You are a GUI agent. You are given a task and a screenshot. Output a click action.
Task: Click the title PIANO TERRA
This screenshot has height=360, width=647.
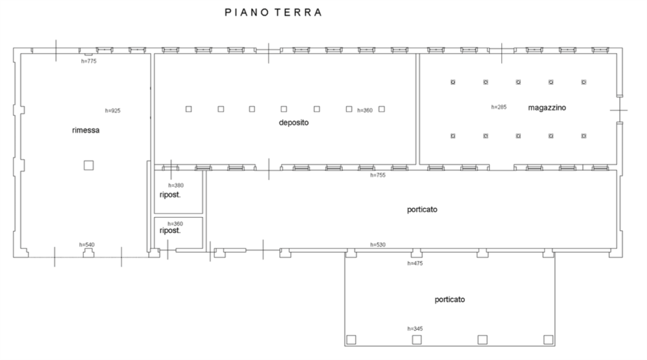pos(273,12)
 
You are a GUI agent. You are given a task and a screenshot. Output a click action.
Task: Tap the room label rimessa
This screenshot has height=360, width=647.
pos(86,130)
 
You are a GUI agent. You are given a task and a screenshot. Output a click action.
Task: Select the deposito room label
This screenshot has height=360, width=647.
pos(293,122)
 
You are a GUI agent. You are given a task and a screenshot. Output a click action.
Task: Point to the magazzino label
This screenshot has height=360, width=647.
pos(547,107)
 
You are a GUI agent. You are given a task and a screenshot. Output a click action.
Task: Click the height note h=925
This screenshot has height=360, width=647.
pos(113,111)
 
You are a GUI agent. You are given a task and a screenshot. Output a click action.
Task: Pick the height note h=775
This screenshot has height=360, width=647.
pos(89,61)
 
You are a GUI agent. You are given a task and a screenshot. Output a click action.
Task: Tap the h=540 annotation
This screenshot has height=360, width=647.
pos(87,245)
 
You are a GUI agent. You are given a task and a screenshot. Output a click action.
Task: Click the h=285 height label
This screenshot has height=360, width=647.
pos(499,107)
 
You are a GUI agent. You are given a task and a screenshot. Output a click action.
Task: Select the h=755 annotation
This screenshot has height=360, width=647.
pos(378,175)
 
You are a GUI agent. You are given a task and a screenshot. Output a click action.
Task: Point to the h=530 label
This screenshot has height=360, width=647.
pos(378,245)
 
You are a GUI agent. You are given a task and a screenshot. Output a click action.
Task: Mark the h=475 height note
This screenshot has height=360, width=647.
pos(415,264)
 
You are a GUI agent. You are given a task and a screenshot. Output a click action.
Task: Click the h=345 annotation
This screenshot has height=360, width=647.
pos(415,329)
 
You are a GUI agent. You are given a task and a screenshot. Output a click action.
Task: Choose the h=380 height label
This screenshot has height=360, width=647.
pos(176,185)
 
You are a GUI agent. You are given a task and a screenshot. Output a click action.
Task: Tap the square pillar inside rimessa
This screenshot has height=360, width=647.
pos(89,166)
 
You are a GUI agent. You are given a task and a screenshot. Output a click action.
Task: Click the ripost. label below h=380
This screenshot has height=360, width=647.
pos(170,195)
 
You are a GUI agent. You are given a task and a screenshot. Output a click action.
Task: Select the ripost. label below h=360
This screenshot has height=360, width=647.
pos(170,231)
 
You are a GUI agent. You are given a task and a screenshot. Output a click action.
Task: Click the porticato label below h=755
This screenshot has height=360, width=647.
pos(422,210)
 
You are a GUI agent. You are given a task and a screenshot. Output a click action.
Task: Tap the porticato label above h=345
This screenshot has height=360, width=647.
pos(450,300)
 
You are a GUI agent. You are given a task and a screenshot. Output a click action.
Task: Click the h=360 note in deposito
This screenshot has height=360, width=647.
pos(365,110)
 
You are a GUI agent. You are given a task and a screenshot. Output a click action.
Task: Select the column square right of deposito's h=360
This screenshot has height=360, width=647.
pos(382,109)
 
